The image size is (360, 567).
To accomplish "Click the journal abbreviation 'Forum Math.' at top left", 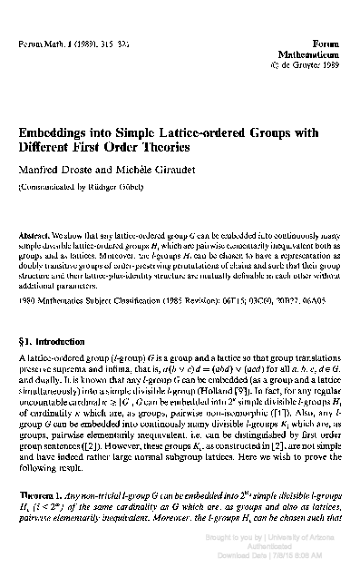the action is point(41,43).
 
